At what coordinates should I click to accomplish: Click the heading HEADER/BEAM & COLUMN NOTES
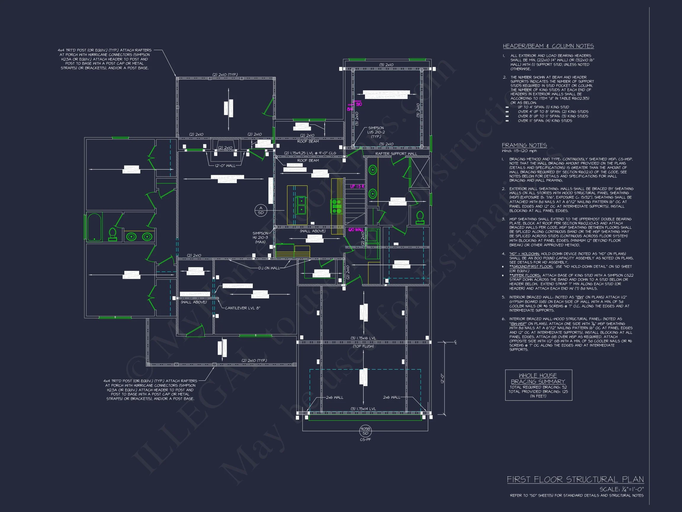click(x=548, y=46)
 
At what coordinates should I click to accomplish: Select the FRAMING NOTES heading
click(x=524, y=145)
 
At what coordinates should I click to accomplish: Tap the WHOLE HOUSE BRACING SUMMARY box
click(x=538, y=385)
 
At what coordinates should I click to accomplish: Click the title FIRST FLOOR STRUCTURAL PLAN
click(x=575, y=479)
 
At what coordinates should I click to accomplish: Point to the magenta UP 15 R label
click(x=357, y=186)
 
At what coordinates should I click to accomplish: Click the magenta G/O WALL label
click(x=356, y=230)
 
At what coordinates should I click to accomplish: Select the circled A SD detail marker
click(x=260, y=210)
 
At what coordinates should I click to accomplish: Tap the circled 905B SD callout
click(x=365, y=431)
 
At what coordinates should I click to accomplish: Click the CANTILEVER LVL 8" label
click(x=242, y=308)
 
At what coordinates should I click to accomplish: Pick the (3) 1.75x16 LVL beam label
click(x=363, y=338)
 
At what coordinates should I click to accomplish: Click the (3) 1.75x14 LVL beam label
click(x=363, y=409)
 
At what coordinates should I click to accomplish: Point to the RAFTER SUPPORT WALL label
click(x=396, y=153)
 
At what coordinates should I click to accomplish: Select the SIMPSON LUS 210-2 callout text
click(x=376, y=132)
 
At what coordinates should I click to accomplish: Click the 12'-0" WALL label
click(x=225, y=166)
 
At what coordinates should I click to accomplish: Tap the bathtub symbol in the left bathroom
click(x=95, y=227)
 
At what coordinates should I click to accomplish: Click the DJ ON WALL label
click(x=269, y=268)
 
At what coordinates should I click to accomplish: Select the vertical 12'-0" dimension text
click(x=442, y=378)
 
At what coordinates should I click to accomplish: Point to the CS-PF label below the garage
click(x=365, y=439)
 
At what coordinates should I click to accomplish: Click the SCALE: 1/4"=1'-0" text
click(x=622, y=489)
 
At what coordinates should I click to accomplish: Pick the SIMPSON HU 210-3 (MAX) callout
click(x=260, y=238)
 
